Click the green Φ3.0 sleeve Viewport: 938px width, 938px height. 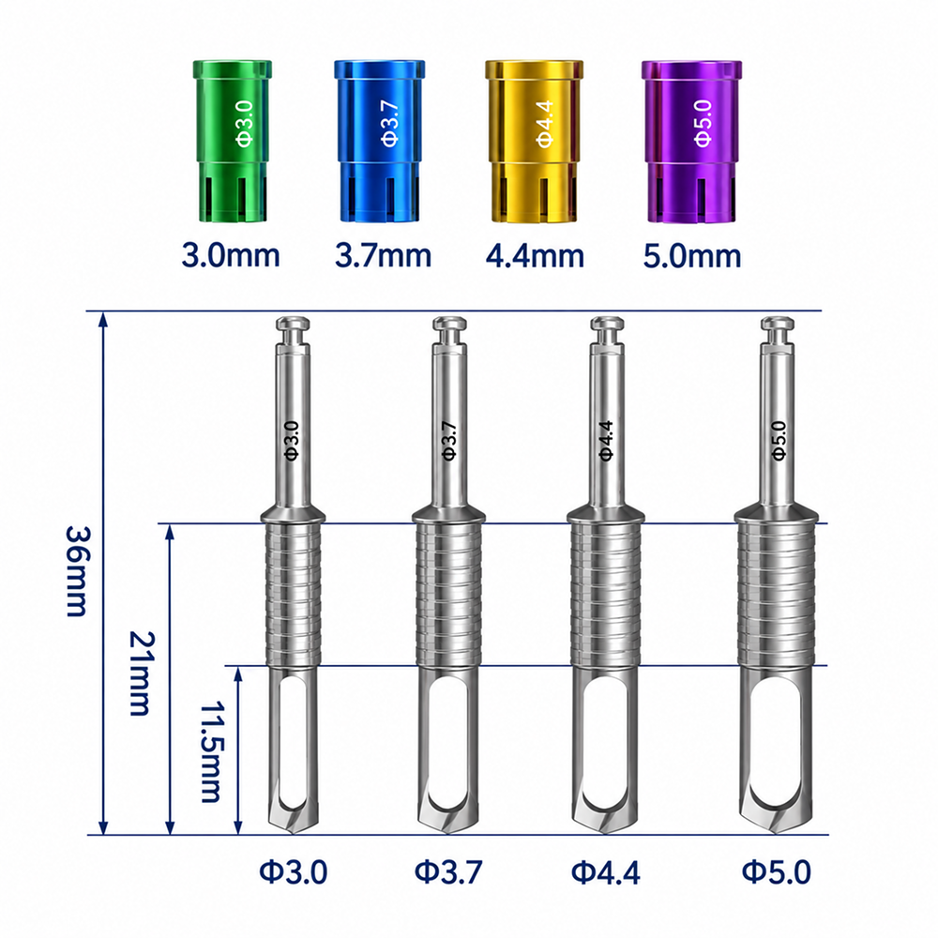232,142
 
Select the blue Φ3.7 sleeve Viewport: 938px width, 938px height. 379,142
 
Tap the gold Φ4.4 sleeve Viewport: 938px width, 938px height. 534,142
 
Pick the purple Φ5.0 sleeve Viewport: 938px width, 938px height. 691,142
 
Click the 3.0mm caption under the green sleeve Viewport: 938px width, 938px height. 231,255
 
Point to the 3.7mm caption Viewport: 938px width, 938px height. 383,255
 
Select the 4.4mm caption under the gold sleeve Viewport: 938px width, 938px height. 535,255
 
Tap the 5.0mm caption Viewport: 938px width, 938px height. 692,255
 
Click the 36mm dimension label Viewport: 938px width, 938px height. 77,570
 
